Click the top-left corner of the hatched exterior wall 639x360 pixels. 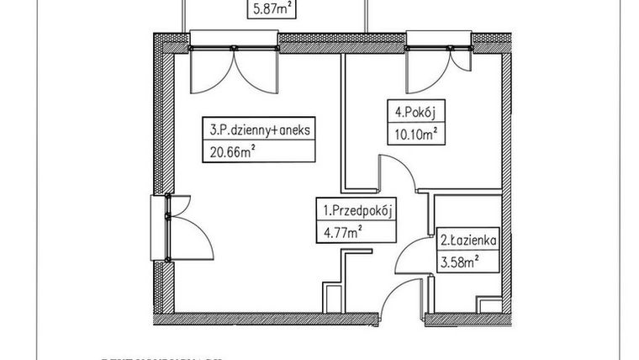[x=159, y=38]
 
